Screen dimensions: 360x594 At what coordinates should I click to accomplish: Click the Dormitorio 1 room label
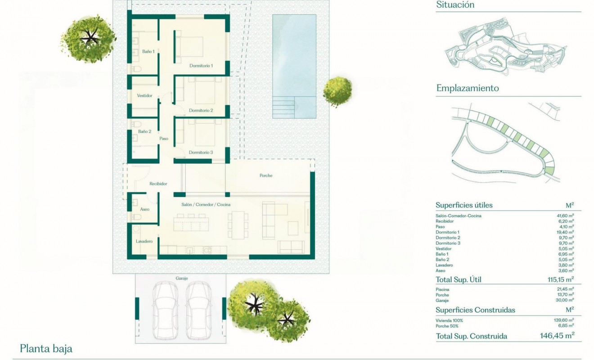pyautogui.click(x=201, y=66)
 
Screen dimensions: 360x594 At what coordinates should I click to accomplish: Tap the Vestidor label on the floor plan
pyautogui.click(x=144, y=96)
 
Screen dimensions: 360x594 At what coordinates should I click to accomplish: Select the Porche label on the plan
pyautogui.click(x=266, y=175)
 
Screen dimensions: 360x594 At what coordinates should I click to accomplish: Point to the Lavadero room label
pyautogui.click(x=144, y=242)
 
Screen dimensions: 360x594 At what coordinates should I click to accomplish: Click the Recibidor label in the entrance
pyautogui.click(x=158, y=184)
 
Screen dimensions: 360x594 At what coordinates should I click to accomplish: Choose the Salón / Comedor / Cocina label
pyautogui.click(x=205, y=204)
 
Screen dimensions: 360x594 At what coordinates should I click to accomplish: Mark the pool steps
pyautogui.click(x=283, y=108)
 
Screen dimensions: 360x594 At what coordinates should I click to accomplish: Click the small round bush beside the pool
pyautogui.click(x=337, y=91)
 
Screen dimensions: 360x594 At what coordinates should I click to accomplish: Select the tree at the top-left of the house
pyautogui.click(x=89, y=39)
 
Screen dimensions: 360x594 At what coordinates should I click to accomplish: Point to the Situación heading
pyautogui.click(x=455, y=5)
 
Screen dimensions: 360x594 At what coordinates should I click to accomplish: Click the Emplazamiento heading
pyautogui.click(x=468, y=88)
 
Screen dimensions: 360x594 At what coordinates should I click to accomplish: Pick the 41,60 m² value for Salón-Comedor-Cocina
pyautogui.click(x=565, y=216)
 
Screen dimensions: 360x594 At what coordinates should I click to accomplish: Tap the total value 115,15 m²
pyautogui.click(x=559, y=279)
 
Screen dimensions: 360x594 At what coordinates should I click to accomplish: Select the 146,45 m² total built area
pyautogui.click(x=557, y=336)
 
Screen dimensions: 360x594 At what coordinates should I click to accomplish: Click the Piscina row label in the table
pyautogui.click(x=442, y=289)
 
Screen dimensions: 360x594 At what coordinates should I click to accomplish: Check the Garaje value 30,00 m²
pyautogui.click(x=565, y=300)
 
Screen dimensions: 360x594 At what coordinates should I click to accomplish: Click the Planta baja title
pyautogui.click(x=46, y=349)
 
